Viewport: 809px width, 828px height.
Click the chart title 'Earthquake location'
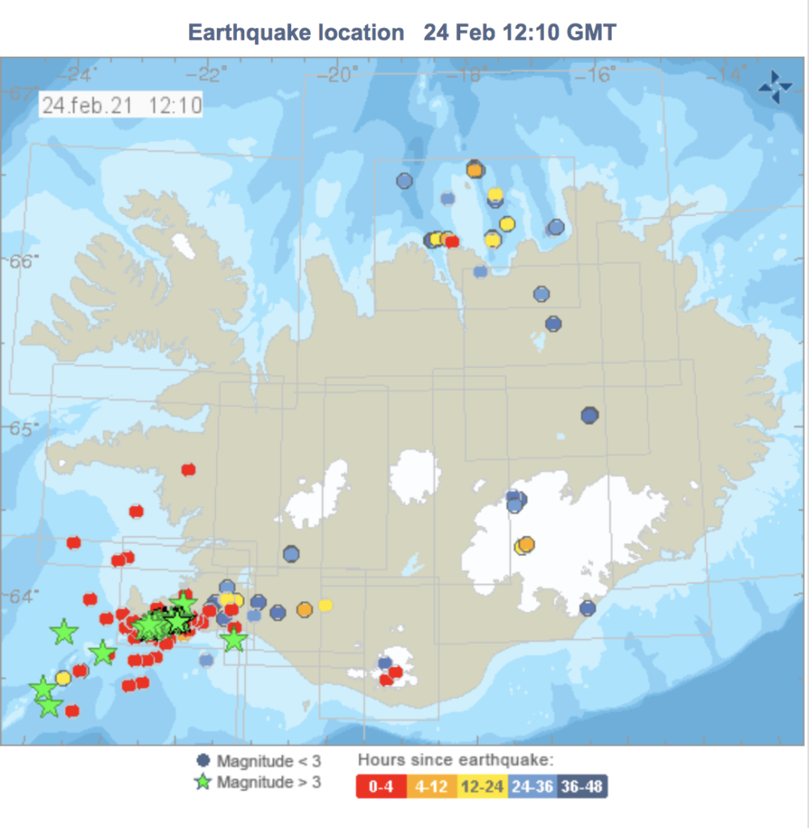295,32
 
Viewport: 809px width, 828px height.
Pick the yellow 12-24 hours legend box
482,787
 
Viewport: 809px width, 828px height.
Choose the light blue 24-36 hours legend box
534,787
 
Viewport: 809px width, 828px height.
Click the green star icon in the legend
203,782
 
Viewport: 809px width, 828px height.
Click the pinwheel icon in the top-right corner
775,87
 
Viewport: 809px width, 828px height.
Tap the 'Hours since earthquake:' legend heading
455,760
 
